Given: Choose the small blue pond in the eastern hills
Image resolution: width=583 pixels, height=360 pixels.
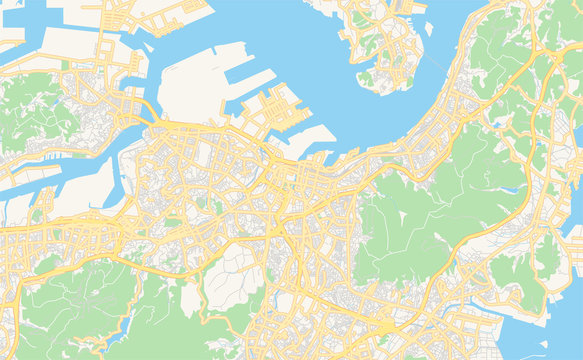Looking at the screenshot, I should click(498, 125).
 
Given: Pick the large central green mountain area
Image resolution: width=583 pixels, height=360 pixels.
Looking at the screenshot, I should click(410, 220).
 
